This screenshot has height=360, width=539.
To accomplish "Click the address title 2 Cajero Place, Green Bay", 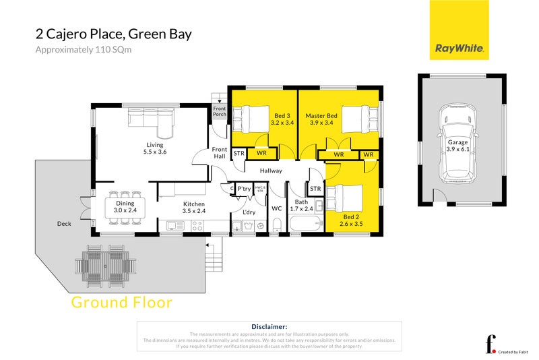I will (x=113, y=34).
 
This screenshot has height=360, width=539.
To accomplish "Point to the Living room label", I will (x=156, y=148).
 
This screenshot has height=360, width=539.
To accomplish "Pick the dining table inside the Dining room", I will (x=126, y=207).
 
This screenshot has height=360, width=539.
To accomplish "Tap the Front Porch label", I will (x=220, y=111).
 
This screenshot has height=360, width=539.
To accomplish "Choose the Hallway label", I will (x=270, y=171).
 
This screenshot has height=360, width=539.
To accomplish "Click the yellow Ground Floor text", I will (x=121, y=303).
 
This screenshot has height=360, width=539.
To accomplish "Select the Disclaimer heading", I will (x=269, y=326).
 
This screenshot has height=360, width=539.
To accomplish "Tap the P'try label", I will (x=244, y=189).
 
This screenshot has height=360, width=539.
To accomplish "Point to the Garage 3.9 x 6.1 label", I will (x=457, y=146).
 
